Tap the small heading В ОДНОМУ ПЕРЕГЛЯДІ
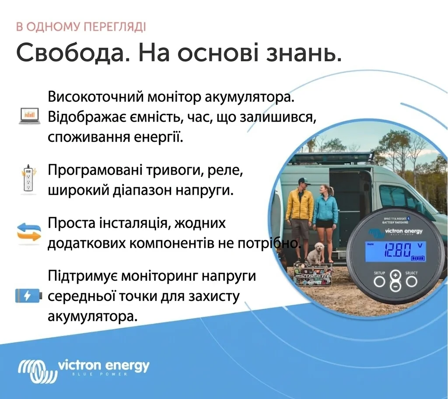click(x=81, y=27)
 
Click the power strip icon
click(x=28, y=178)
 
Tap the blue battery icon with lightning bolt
click(x=28, y=296)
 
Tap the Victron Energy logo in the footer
click(x=84, y=367)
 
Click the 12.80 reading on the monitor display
click(x=397, y=251)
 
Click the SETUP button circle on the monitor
click(x=379, y=281)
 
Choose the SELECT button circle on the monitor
click(x=411, y=281)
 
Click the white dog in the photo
click(x=315, y=253)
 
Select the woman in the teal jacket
click(x=325, y=210)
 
